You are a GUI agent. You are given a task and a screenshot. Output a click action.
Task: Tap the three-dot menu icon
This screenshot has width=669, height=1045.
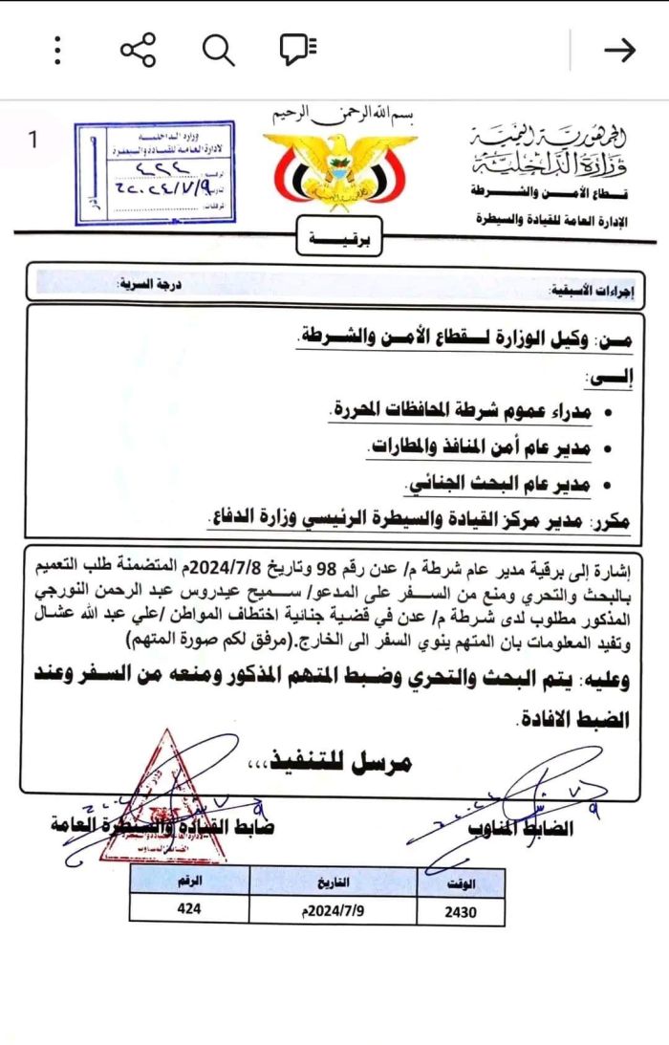click(58, 50)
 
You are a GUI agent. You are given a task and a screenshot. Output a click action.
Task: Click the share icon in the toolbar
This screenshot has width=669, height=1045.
click(138, 50)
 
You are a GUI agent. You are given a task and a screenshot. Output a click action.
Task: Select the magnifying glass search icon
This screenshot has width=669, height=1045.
click(218, 50)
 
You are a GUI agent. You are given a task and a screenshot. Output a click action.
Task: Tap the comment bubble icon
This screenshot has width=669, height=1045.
click(298, 50)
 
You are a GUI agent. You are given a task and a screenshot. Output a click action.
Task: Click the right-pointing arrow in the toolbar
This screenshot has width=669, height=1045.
click(620, 50)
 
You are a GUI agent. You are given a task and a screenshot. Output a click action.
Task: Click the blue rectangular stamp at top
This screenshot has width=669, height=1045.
click(156, 172)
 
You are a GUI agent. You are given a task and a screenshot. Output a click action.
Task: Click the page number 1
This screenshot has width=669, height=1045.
click(32, 140)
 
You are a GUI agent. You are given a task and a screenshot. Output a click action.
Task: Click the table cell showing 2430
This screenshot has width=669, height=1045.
click(461, 910)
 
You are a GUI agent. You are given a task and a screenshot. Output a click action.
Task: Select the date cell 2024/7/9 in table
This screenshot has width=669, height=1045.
click(332, 909)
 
